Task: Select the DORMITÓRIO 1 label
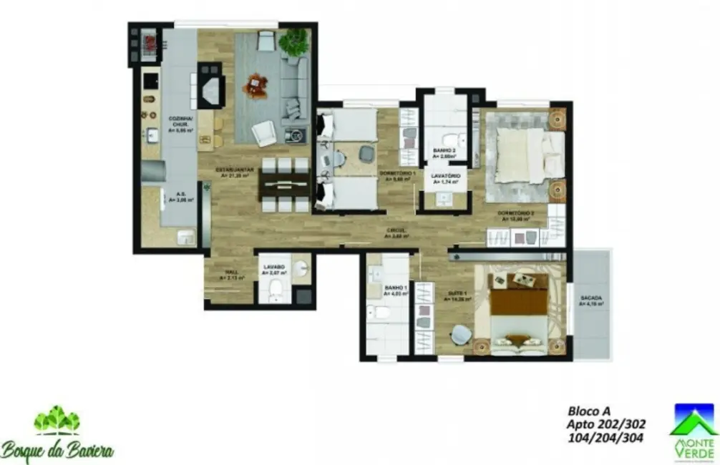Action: click(x=397, y=176)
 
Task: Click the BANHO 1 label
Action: click(x=394, y=290)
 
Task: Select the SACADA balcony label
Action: click(x=591, y=300)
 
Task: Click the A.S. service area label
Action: click(x=175, y=196)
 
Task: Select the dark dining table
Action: click(x=284, y=184)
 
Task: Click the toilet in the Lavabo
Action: click(x=274, y=290)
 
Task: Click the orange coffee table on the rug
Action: click(x=255, y=87)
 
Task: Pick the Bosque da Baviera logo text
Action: click(x=57, y=450)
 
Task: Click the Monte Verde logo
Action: click(x=692, y=429)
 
